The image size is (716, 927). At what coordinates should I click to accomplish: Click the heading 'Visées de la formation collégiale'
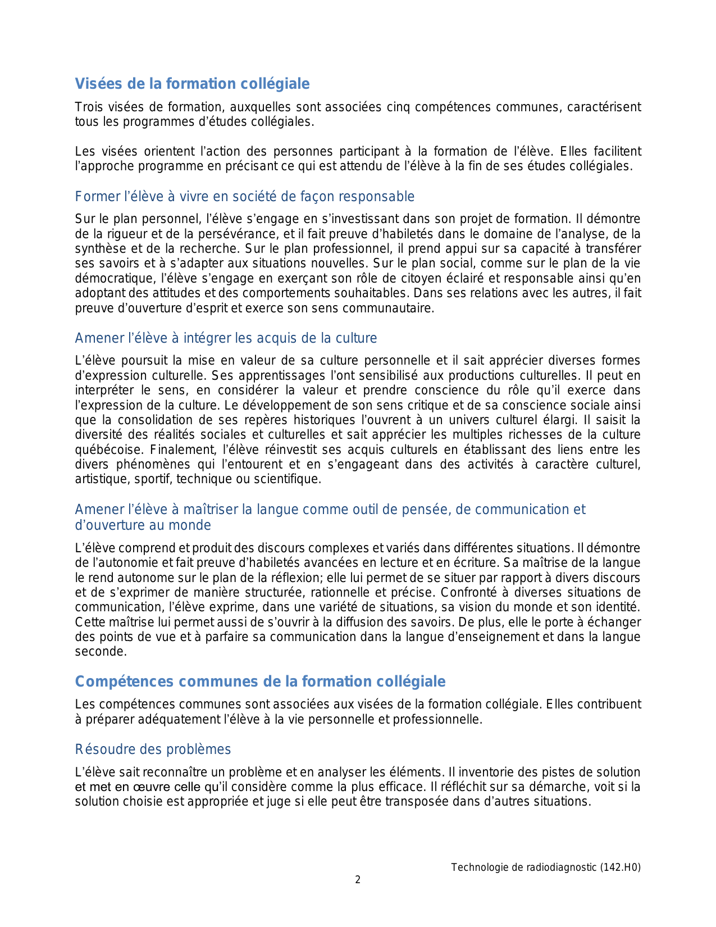tap(192, 84)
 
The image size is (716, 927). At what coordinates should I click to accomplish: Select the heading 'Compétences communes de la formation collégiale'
tap(260, 681)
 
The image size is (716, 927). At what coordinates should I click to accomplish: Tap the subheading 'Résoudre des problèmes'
tap(153, 749)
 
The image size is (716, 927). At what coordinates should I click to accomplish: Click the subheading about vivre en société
tap(244, 197)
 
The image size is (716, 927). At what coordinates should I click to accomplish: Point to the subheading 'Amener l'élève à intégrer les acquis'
tap(226, 338)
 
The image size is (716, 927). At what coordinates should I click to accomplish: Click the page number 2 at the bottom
tap(358, 880)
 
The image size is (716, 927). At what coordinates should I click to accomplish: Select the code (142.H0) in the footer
tap(621, 867)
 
